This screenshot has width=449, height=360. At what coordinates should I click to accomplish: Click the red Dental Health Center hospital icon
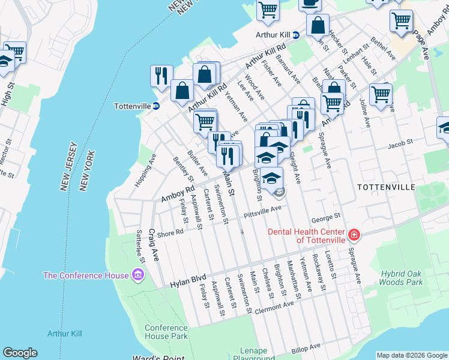pyautogui.click(x=354, y=235)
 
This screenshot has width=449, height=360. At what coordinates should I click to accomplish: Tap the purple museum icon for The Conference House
pyautogui.click(x=139, y=275)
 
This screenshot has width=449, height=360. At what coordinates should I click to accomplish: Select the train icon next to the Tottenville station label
pyautogui.click(x=156, y=106)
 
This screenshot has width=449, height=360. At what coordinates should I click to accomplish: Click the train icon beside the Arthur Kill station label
pyautogui.click(x=296, y=35)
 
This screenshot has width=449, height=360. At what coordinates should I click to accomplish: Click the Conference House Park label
pyautogui.click(x=166, y=332)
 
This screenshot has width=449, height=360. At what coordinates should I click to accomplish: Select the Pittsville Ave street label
pyautogui.click(x=262, y=211)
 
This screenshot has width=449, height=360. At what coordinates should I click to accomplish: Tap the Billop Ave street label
pyautogui.click(x=307, y=348)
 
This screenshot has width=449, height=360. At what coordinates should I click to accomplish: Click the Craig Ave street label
pyautogui.click(x=154, y=245)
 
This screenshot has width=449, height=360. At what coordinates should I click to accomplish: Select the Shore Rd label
pyautogui.click(x=170, y=233)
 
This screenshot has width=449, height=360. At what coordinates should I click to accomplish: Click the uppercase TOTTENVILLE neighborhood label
pyautogui.click(x=385, y=187)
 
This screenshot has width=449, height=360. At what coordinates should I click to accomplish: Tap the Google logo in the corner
pyautogui.click(x=20, y=353)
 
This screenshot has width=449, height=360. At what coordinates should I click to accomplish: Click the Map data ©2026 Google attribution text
pyautogui.click(x=412, y=355)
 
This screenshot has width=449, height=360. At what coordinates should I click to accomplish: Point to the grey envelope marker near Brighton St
pyautogui.click(x=280, y=193)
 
